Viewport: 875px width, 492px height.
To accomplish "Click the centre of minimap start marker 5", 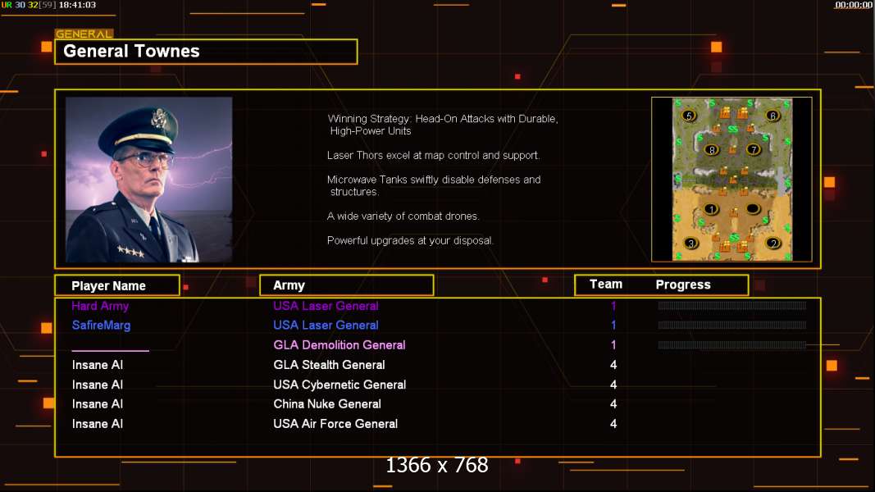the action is coord(689,116).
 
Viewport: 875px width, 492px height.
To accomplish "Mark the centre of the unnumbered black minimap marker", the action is coord(753,209).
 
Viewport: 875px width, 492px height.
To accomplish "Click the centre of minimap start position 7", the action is coord(754,149).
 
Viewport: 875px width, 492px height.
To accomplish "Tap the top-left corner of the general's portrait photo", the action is coord(66,98).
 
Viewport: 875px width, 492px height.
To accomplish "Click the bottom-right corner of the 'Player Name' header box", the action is coord(180,295).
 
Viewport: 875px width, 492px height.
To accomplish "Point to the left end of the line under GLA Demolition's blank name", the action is coord(72,351).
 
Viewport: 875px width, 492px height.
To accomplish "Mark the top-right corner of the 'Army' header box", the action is coord(434,275).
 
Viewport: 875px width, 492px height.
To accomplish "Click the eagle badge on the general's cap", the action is coord(160,118).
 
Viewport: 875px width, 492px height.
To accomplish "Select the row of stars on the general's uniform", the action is coord(131,252).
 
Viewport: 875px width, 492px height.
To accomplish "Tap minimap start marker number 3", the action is coord(690,244).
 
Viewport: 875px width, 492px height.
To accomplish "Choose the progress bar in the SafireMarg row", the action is coord(732,326).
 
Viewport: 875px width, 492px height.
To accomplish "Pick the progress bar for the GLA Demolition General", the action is coord(732,345).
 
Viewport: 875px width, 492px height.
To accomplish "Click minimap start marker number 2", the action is coord(772,244).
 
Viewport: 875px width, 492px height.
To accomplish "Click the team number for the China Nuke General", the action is coord(613,404).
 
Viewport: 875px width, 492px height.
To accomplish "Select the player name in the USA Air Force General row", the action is coord(98,424).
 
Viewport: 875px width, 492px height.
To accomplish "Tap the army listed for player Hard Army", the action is coord(326,306).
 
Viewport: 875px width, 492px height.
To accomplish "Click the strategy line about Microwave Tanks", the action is coord(434,186).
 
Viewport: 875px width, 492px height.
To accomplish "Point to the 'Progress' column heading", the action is coord(683,285).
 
